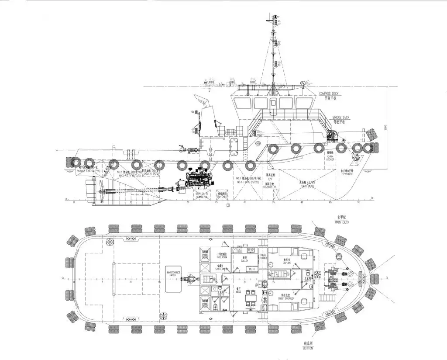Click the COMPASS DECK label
(329, 93)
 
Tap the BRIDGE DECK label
(341, 118)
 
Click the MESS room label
(238, 291)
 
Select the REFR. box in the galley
(252, 269)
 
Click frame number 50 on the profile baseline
(359, 202)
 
